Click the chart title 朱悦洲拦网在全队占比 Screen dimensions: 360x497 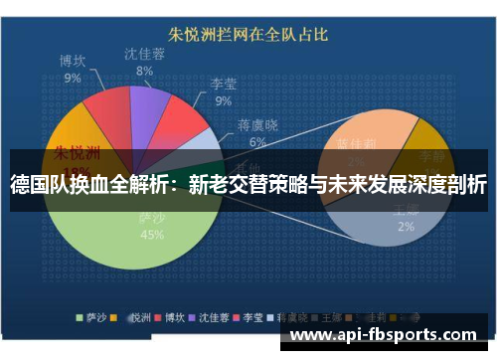(248, 35)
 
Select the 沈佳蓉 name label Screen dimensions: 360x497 (145, 55)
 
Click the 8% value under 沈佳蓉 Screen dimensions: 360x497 (145, 72)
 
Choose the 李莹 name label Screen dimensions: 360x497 (223, 85)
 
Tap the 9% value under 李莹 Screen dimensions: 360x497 (223, 100)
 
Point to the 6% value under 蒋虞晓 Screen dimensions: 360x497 (257, 142)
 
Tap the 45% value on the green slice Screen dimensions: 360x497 (152, 236)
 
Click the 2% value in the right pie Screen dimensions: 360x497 (406, 227)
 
